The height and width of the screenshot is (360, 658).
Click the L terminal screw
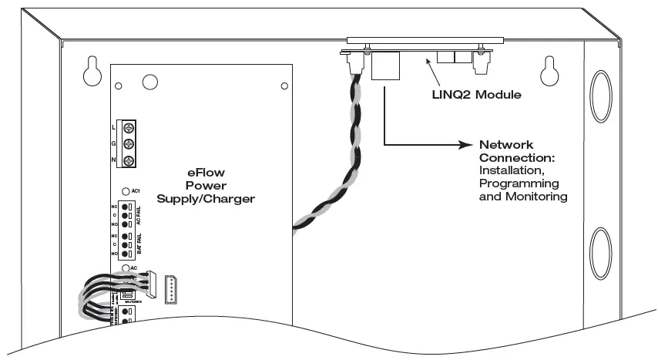pyautogui.click(x=129, y=126)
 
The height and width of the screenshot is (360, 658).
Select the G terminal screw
pyautogui.click(x=129, y=143)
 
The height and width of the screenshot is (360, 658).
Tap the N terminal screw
pyautogui.click(x=129, y=160)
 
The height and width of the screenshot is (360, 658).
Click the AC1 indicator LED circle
pyautogui.click(x=125, y=190)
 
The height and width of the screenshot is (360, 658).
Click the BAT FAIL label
pyautogui.click(x=139, y=244)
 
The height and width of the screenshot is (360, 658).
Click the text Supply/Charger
pyautogui.click(x=206, y=198)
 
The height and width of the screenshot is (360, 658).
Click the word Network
pyautogui.click(x=505, y=145)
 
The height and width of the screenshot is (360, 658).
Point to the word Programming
pyautogui.click(x=518, y=184)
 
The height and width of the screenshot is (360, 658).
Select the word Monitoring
pyautogui.click(x=536, y=197)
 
